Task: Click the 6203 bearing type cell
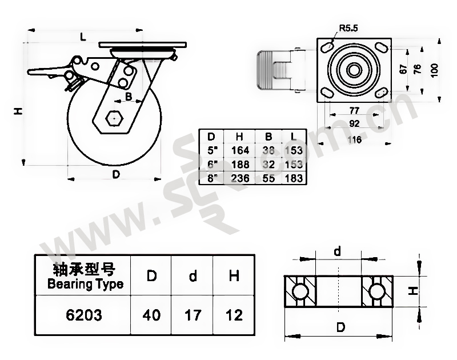point(85,315)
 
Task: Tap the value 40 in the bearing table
point(152,315)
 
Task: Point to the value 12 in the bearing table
point(234,315)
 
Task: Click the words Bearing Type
point(85,284)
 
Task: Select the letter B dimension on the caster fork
point(129,98)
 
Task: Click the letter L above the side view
point(83,37)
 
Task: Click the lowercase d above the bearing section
point(337,251)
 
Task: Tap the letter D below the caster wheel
point(115,174)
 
